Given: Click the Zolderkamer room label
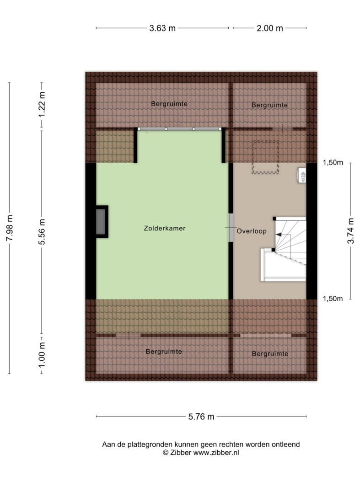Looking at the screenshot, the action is pyautogui.click(x=165, y=228).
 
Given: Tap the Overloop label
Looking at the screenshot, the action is pyautogui.click(x=251, y=231).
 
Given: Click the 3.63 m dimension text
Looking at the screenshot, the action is pyautogui.click(x=162, y=28).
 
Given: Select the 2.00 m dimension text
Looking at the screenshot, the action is pyautogui.click(x=269, y=28).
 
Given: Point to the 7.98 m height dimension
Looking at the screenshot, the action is pyautogui.click(x=10, y=228).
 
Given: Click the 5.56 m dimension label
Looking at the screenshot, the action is pyautogui.click(x=42, y=232).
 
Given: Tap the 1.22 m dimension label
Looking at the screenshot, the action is pyautogui.click(x=42, y=104).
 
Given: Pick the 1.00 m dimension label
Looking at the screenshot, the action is pyautogui.click(x=42, y=355).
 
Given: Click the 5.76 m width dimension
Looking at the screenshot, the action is pyautogui.click(x=201, y=416).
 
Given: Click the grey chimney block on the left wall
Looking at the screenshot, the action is pyautogui.click(x=102, y=222).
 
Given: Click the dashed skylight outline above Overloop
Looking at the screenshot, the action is pyautogui.click(x=265, y=157).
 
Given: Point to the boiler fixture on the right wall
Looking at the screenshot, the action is pyautogui.click(x=301, y=176).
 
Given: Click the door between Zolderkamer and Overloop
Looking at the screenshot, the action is pyautogui.click(x=231, y=228).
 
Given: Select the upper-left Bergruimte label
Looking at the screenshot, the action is pyautogui.click(x=169, y=104).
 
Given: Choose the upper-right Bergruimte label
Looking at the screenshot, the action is pyautogui.click(x=269, y=105).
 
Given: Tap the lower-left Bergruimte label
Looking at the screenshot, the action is pyautogui.click(x=164, y=352).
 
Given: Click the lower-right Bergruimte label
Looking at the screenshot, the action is pyautogui.click(x=270, y=353).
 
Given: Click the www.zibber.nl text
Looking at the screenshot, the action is pyautogui.click(x=216, y=453).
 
